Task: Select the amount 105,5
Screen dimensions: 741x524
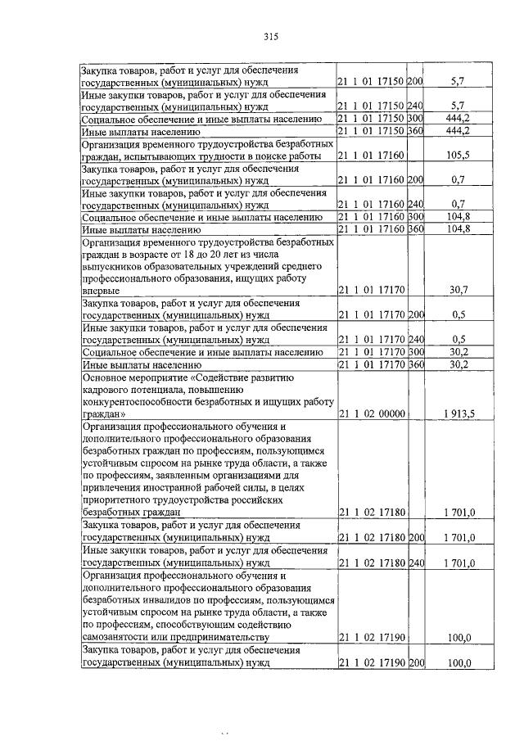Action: click(458, 156)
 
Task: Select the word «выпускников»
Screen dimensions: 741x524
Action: click(114, 266)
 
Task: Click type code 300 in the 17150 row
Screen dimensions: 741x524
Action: click(415, 119)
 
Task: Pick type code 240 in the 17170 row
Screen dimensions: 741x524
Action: click(415, 339)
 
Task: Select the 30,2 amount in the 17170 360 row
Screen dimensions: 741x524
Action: click(458, 364)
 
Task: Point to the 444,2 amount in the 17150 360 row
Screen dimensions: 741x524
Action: click(458, 131)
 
